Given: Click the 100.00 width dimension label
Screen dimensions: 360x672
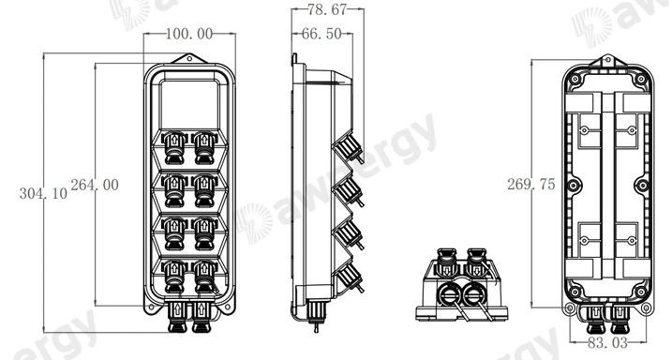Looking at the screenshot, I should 188,34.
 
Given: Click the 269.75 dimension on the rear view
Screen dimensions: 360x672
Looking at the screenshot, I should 530,185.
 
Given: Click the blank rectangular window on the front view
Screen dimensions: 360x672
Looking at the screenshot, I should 189,103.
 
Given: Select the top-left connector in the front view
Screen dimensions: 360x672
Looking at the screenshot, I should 173,144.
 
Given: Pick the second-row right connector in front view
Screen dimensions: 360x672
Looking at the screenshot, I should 203,187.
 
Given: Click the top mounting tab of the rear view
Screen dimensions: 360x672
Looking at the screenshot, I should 605,63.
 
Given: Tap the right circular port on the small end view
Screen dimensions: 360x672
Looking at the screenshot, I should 476,294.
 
